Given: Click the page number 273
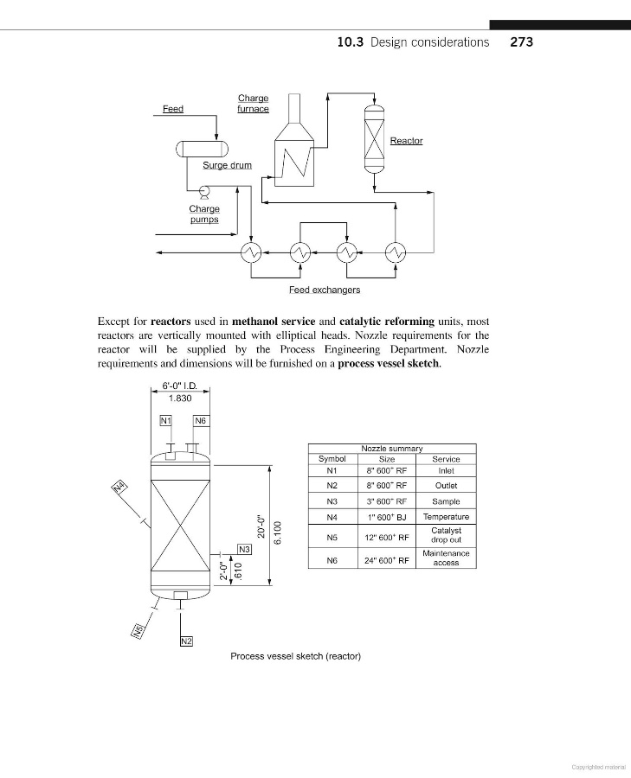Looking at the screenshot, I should (x=521, y=41).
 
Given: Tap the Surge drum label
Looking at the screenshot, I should (x=227, y=165).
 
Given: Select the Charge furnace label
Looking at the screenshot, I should (x=253, y=104).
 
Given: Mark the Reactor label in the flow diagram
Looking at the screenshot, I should (x=406, y=141).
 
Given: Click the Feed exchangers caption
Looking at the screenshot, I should (x=325, y=290).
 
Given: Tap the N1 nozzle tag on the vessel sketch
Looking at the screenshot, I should (x=167, y=421).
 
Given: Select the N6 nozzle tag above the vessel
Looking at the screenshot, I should (x=200, y=421).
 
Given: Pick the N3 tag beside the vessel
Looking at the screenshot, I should (x=244, y=549).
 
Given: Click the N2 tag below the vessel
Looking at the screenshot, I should (x=186, y=641).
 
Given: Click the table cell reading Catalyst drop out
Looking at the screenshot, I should (x=446, y=534).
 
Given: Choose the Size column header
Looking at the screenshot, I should (x=387, y=459).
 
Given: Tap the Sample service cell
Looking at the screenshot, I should (x=446, y=501).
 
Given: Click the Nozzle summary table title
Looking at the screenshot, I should (x=391, y=449).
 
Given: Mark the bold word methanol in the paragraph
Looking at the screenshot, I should (x=256, y=322).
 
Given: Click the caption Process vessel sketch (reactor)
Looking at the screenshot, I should (x=295, y=655).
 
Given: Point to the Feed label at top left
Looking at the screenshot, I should (x=173, y=109).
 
